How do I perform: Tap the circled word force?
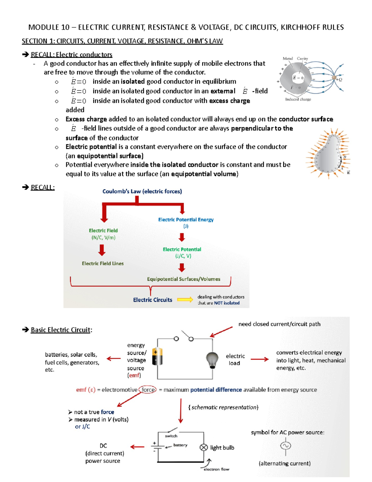148,390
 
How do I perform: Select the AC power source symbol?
286,446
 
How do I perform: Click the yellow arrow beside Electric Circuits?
185,300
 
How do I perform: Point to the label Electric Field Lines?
103,263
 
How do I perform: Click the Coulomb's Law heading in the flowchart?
142,191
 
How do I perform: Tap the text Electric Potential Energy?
186,220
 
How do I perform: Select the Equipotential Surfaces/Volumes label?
184,279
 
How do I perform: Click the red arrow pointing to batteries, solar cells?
114,358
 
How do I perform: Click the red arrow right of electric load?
260,359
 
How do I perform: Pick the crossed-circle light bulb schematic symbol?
203,448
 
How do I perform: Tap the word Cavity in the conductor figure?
302,59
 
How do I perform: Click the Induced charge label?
298,99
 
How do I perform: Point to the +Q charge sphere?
334,77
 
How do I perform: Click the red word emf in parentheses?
134,375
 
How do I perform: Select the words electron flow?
216,469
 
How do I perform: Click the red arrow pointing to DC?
137,447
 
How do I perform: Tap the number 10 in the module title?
66,27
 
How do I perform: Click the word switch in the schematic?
171,436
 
